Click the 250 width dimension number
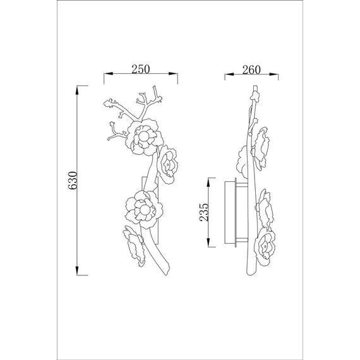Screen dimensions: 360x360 [141, 69]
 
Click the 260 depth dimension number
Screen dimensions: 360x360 [251, 70]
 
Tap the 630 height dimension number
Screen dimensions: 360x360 [73, 180]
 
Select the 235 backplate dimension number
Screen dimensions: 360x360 [204, 212]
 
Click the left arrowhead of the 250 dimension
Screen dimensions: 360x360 [109, 74]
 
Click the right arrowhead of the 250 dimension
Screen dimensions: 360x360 [173, 74]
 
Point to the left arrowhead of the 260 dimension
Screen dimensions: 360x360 [229, 74]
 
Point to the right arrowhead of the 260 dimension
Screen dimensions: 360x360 [274, 74]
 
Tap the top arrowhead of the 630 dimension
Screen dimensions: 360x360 [77, 90]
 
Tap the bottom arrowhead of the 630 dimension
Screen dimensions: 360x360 [77, 270]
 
